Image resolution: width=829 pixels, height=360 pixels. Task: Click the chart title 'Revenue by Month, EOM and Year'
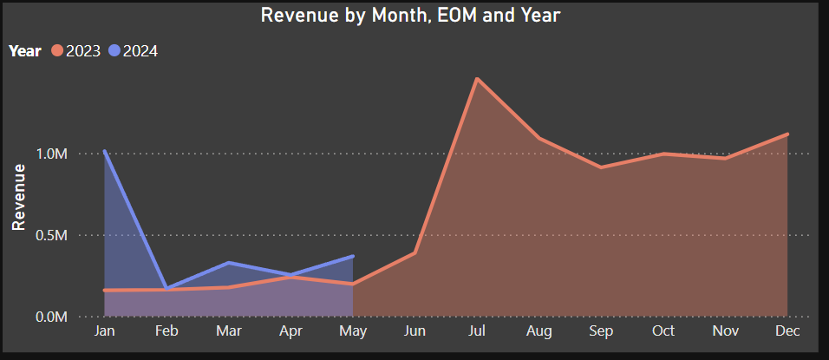[x=411, y=16]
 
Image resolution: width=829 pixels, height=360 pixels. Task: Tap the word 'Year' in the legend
[x=25, y=51]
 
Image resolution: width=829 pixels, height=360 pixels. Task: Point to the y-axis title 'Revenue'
[x=17, y=197]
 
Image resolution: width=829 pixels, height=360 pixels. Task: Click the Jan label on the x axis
[x=104, y=332]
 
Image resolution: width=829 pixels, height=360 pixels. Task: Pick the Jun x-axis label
[x=414, y=332]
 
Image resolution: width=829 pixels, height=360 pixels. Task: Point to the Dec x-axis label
[x=787, y=332]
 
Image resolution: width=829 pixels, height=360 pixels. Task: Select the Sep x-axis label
[x=601, y=332]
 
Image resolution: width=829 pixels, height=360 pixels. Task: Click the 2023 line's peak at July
[x=477, y=79]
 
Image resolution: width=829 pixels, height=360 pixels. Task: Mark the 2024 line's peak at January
[x=104, y=152]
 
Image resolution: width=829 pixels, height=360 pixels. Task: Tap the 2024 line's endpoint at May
[x=353, y=256]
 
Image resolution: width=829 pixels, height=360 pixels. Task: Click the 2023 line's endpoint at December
[x=787, y=134]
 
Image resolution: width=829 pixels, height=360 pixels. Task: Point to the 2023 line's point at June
[x=414, y=253]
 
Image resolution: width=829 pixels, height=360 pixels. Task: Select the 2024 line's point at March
[x=228, y=262]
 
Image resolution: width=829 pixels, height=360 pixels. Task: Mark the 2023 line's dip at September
[x=601, y=167]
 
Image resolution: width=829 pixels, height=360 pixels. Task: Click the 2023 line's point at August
[x=539, y=138]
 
